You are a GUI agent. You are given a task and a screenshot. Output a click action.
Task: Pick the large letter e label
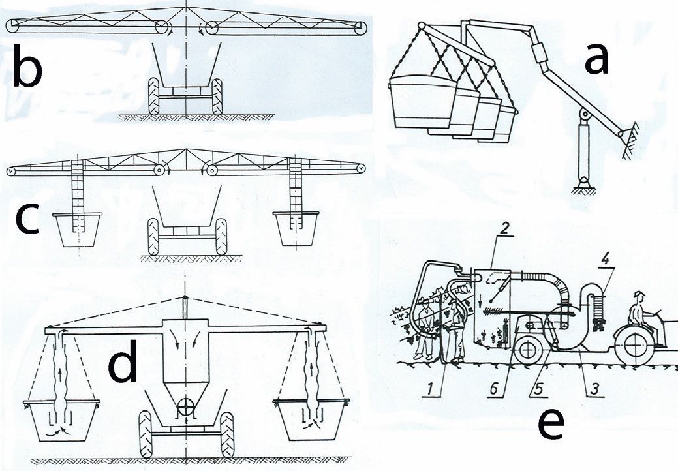click(551, 423)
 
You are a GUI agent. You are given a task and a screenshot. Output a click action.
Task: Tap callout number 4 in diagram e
click(606, 260)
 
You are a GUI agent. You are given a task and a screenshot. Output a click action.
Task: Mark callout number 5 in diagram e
click(538, 388)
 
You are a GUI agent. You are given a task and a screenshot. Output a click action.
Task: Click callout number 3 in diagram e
click(595, 388)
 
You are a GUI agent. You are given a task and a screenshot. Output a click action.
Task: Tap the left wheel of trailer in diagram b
click(153, 96)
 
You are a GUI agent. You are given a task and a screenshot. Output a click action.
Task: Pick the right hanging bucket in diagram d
click(311, 420)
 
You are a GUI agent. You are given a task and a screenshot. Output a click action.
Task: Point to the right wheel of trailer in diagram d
click(227, 434)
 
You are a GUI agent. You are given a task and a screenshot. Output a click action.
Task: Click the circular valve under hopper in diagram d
click(187, 406)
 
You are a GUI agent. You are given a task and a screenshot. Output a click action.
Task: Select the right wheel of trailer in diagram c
click(221, 237)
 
